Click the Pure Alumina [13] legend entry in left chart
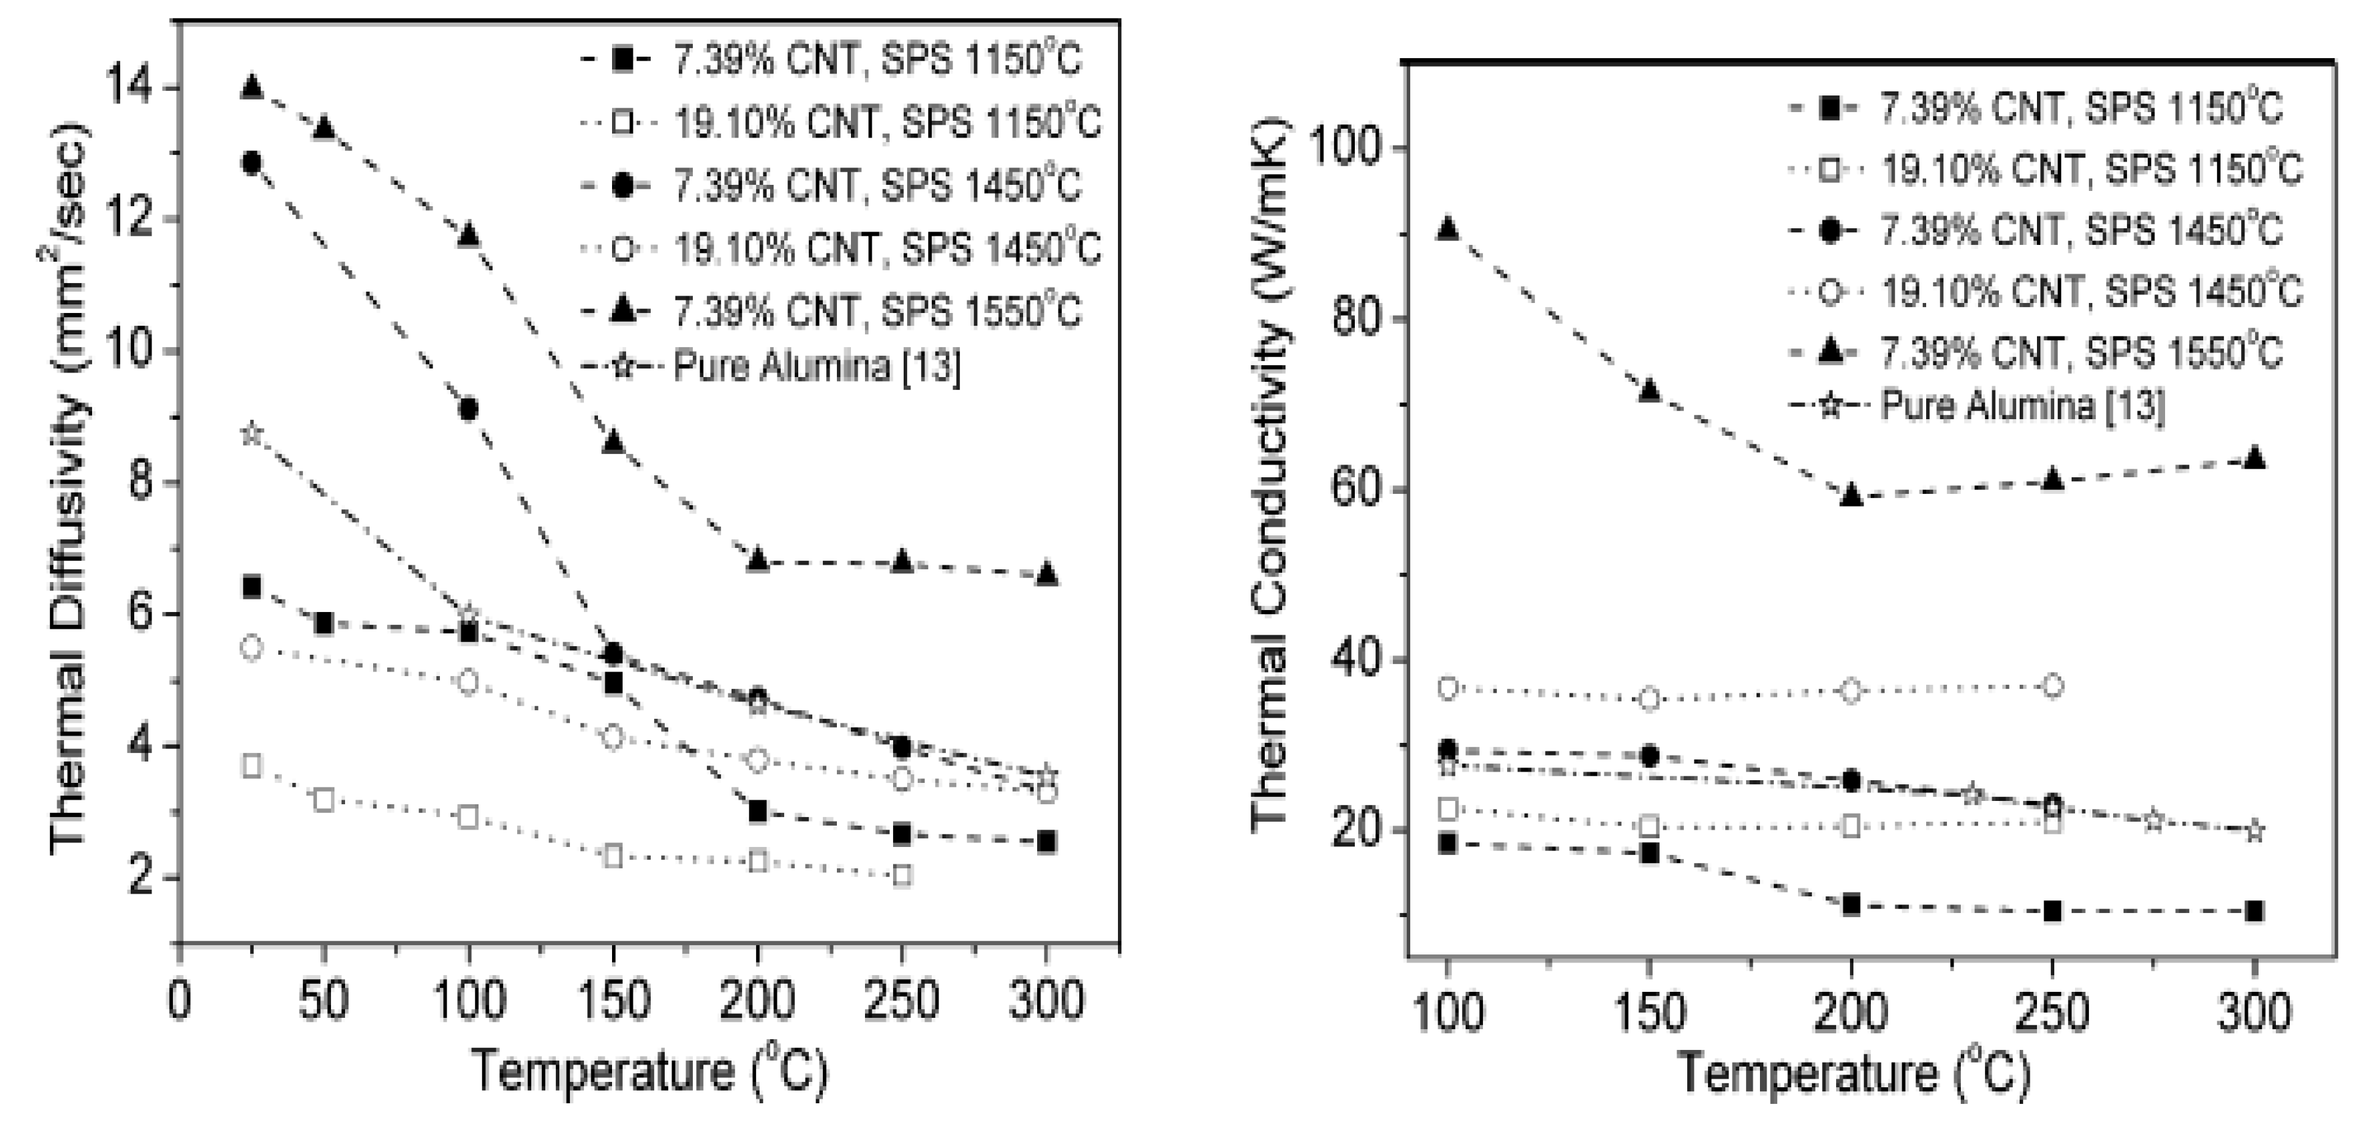coord(816,367)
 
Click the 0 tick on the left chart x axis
coord(180,1001)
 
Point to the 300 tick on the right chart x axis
coord(2254,1014)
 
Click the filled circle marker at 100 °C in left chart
coord(468,409)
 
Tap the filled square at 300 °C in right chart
coord(2254,912)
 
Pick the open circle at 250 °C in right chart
coord(2052,686)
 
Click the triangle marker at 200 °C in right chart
coord(1851,496)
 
